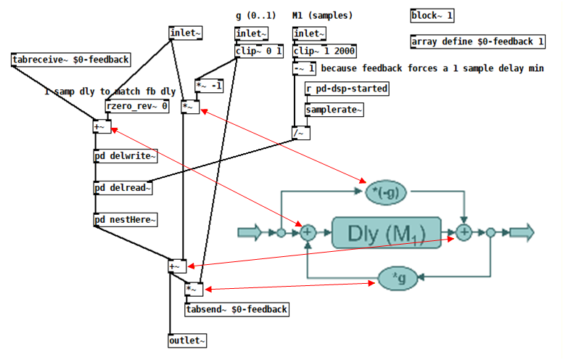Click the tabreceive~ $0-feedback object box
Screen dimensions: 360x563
pyautogui.click(x=70, y=60)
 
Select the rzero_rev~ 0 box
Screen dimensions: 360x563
pyautogui.click(x=137, y=106)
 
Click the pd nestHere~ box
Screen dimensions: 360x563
pyautogui.click(x=126, y=219)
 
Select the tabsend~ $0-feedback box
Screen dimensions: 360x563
pyautogui.click(x=237, y=309)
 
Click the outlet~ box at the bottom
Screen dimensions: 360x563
pyautogui.click(x=187, y=340)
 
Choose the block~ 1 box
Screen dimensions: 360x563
pyautogui.click(x=432, y=15)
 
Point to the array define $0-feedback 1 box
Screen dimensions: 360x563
pyautogui.click(x=477, y=41)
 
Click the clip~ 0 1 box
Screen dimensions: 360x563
pyautogui.click(x=258, y=51)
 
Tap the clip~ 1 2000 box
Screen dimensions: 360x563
pyautogui.click(x=324, y=51)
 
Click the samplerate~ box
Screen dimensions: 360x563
pyautogui.click(x=334, y=110)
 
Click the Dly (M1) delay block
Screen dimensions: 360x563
pyautogui.click(x=386, y=233)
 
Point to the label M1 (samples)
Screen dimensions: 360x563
pyautogui.click(x=322, y=15)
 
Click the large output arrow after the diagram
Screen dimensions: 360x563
pyautogui.click(x=522, y=232)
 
